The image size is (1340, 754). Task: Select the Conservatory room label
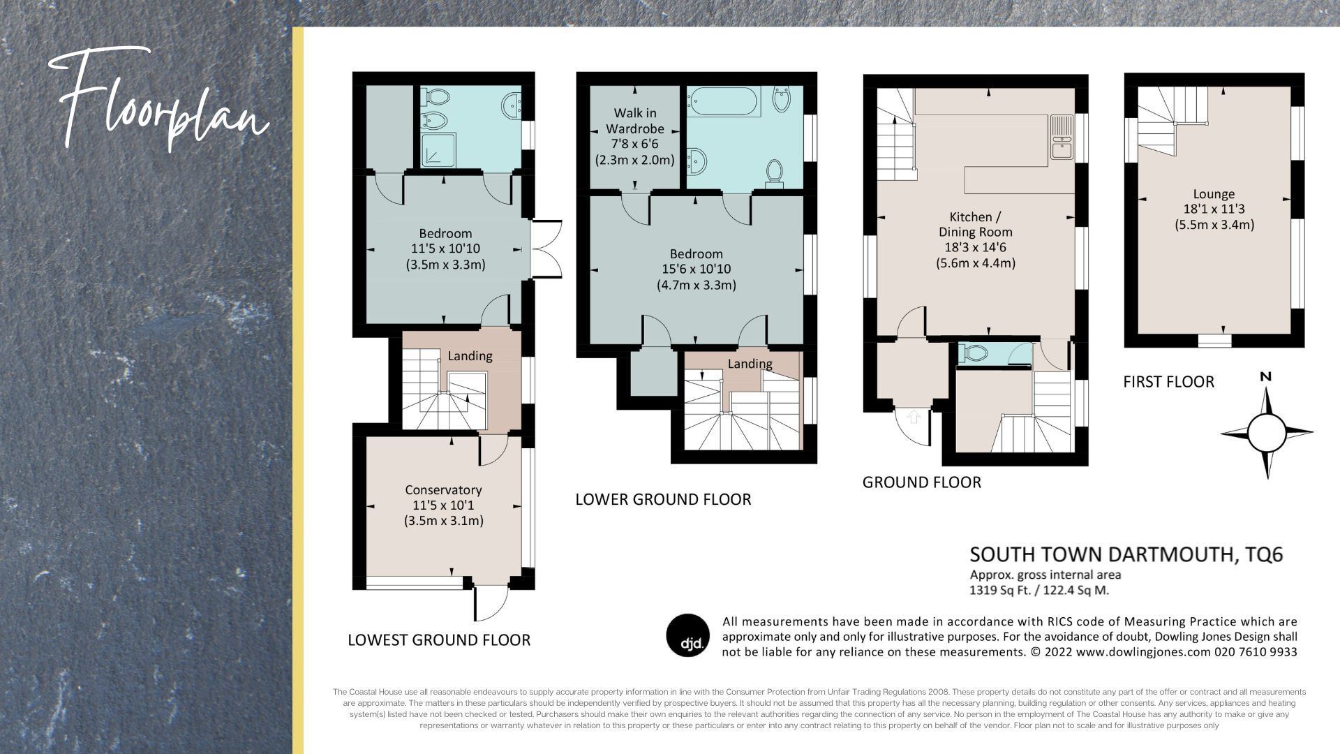[443, 490]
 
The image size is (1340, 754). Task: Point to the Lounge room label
[1214, 194]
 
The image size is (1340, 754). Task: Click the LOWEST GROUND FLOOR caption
[439, 640]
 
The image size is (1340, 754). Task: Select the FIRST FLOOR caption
[1168, 381]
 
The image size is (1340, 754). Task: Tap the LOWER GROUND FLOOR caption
[663, 499]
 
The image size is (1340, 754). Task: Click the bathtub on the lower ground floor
[723, 102]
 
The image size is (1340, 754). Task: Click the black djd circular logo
[688, 636]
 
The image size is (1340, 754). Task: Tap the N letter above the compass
[1265, 377]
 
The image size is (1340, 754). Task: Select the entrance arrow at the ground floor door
[914, 417]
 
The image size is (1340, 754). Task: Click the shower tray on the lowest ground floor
[438, 151]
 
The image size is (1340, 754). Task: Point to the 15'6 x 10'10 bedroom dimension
[696, 269]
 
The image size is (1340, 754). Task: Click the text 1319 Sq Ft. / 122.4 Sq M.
[1038, 590]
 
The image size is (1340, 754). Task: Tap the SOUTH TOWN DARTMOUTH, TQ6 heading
[1126, 554]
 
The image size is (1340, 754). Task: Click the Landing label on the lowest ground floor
[470, 356]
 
